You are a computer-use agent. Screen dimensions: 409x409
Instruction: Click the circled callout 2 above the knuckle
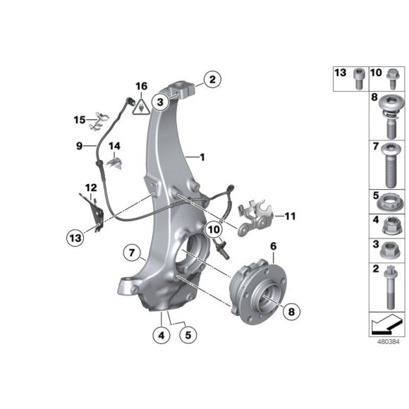213,79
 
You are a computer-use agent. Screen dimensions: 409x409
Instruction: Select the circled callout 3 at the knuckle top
161,103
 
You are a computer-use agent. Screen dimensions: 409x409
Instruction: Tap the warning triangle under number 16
141,107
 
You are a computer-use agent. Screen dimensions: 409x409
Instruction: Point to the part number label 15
80,120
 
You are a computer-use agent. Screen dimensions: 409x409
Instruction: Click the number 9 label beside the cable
80,146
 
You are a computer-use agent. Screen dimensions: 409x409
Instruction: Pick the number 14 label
114,146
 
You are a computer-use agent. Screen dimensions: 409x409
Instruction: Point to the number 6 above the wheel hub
273,246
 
